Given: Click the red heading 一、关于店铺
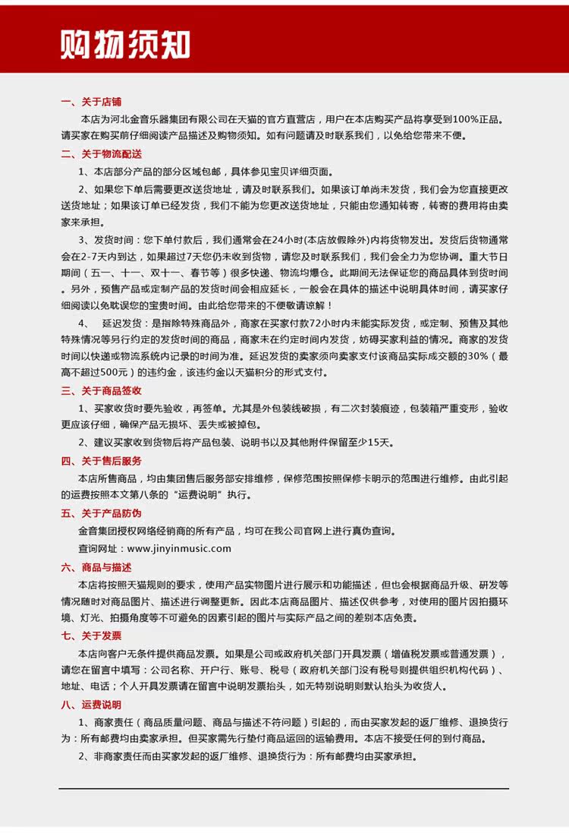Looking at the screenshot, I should click(x=90, y=101).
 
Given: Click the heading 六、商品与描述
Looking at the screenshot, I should click(x=96, y=566).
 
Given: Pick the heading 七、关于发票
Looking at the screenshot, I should click(x=90, y=636).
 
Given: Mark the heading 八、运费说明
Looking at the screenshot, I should click(x=90, y=704).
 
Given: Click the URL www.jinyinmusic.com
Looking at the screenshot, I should click(x=179, y=548).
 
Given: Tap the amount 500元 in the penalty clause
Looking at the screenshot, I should click(x=113, y=372).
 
